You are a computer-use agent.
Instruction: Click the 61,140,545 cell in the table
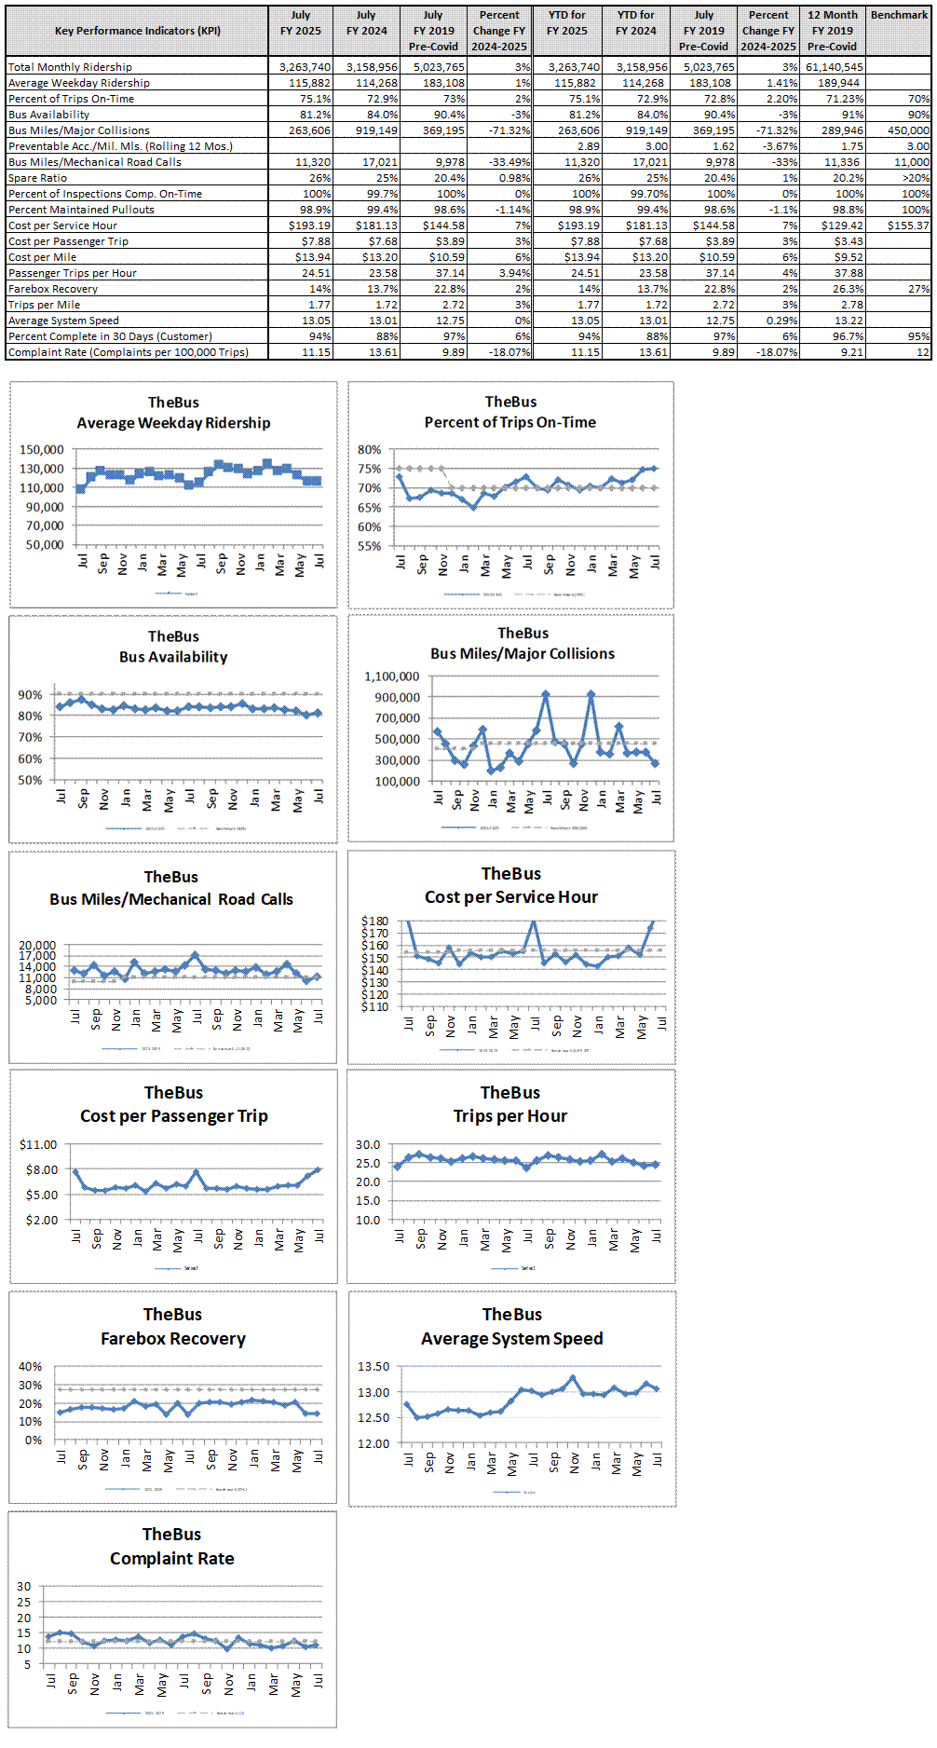pyautogui.click(x=834, y=67)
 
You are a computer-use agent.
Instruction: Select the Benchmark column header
pyautogui.click(x=899, y=15)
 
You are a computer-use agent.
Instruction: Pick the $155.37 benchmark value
pyautogui.click(x=907, y=225)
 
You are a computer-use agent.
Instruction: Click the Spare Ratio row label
pyautogui.click(x=37, y=178)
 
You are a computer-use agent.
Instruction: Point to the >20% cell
pyautogui.click(x=916, y=178)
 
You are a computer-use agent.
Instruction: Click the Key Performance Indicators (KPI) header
pyautogui.click(x=138, y=31)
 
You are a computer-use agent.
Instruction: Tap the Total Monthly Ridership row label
pyautogui.click(x=70, y=67)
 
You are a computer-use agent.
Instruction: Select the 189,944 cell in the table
pyautogui.click(x=839, y=83)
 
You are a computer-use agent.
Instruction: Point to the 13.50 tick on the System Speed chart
pyautogui.click(x=373, y=1367)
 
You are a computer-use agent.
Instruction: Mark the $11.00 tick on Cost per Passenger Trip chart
pyautogui.click(x=38, y=1144)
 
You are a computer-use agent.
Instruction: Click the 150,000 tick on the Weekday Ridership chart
pyautogui.click(x=42, y=449)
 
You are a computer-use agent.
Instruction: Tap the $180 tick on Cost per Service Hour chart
pyautogui.click(x=375, y=921)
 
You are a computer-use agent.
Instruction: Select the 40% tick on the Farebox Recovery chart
pyautogui.click(x=31, y=1367)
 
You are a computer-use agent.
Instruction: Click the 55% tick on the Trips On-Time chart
pyautogui.click(x=369, y=546)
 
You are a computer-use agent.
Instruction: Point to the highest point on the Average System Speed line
pyautogui.click(x=573, y=1378)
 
